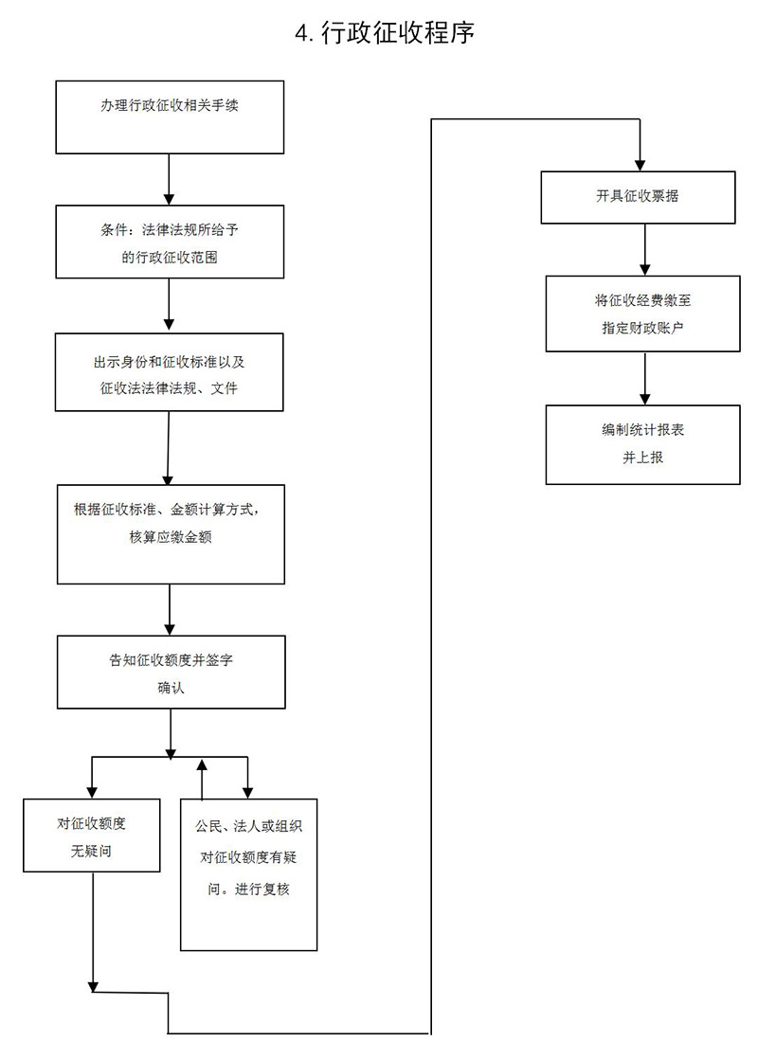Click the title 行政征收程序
click(398, 35)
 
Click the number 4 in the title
click(302, 35)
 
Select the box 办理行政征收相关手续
click(170, 117)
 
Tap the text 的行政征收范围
click(170, 257)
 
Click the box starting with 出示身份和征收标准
click(169, 372)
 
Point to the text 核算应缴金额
click(171, 537)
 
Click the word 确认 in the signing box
click(171, 689)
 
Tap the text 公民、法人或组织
click(248, 826)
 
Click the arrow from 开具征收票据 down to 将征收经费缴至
click(644, 248)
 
